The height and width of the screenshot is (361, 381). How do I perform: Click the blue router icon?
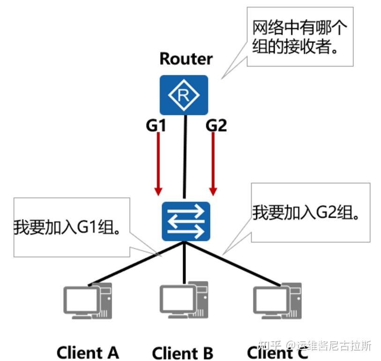pyautogui.click(x=184, y=95)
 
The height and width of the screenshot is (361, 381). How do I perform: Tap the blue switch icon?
pyautogui.click(x=186, y=221)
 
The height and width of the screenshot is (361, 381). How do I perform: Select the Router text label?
pyautogui.click(x=186, y=59)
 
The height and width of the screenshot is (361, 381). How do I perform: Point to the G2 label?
pyautogui.click(x=216, y=125)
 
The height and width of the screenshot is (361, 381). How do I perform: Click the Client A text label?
pyautogui.click(x=88, y=352)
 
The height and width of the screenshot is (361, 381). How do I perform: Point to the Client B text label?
pyautogui.click(x=183, y=352)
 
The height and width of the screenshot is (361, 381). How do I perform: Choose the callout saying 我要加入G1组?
pyautogui.click(x=70, y=227)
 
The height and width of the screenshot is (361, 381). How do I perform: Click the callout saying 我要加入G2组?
pyautogui.click(x=310, y=213)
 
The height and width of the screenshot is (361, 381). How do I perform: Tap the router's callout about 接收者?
pyautogui.click(x=300, y=37)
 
